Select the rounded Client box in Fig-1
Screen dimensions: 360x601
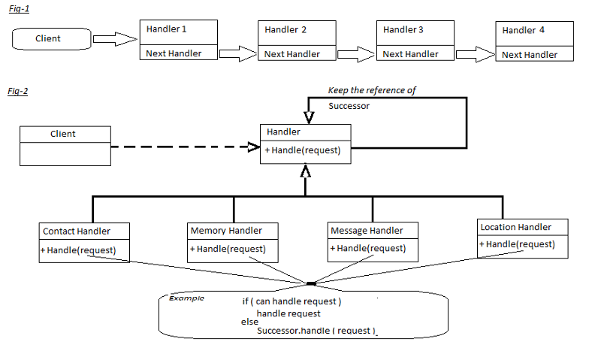pyautogui.click(x=50, y=38)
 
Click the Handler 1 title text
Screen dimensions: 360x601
pyautogui.click(x=166, y=29)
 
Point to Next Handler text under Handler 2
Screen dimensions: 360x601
pyautogui.click(x=292, y=54)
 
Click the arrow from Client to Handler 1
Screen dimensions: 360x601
pyautogui.click(x=114, y=39)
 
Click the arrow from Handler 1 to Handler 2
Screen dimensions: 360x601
pyautogui.click(x=238, y=53)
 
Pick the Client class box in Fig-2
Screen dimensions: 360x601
pyautogui.click(x=65, y=144)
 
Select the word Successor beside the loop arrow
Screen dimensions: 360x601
pyautogui.click(x=349, y=107)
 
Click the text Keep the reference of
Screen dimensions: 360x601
pyautogui.click(x=372, y=90)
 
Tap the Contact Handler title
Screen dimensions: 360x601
pyautogui.click(x=76, y=231)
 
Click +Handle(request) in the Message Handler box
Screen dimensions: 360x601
pyautogui.click(x=367, y=248)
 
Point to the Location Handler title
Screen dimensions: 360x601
pyautogui.click(x=515, y=227)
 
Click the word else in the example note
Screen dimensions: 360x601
pyautogui.click(x=249, y=322)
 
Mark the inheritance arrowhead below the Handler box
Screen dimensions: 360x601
pyautogui.click(x=305, y=171)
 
